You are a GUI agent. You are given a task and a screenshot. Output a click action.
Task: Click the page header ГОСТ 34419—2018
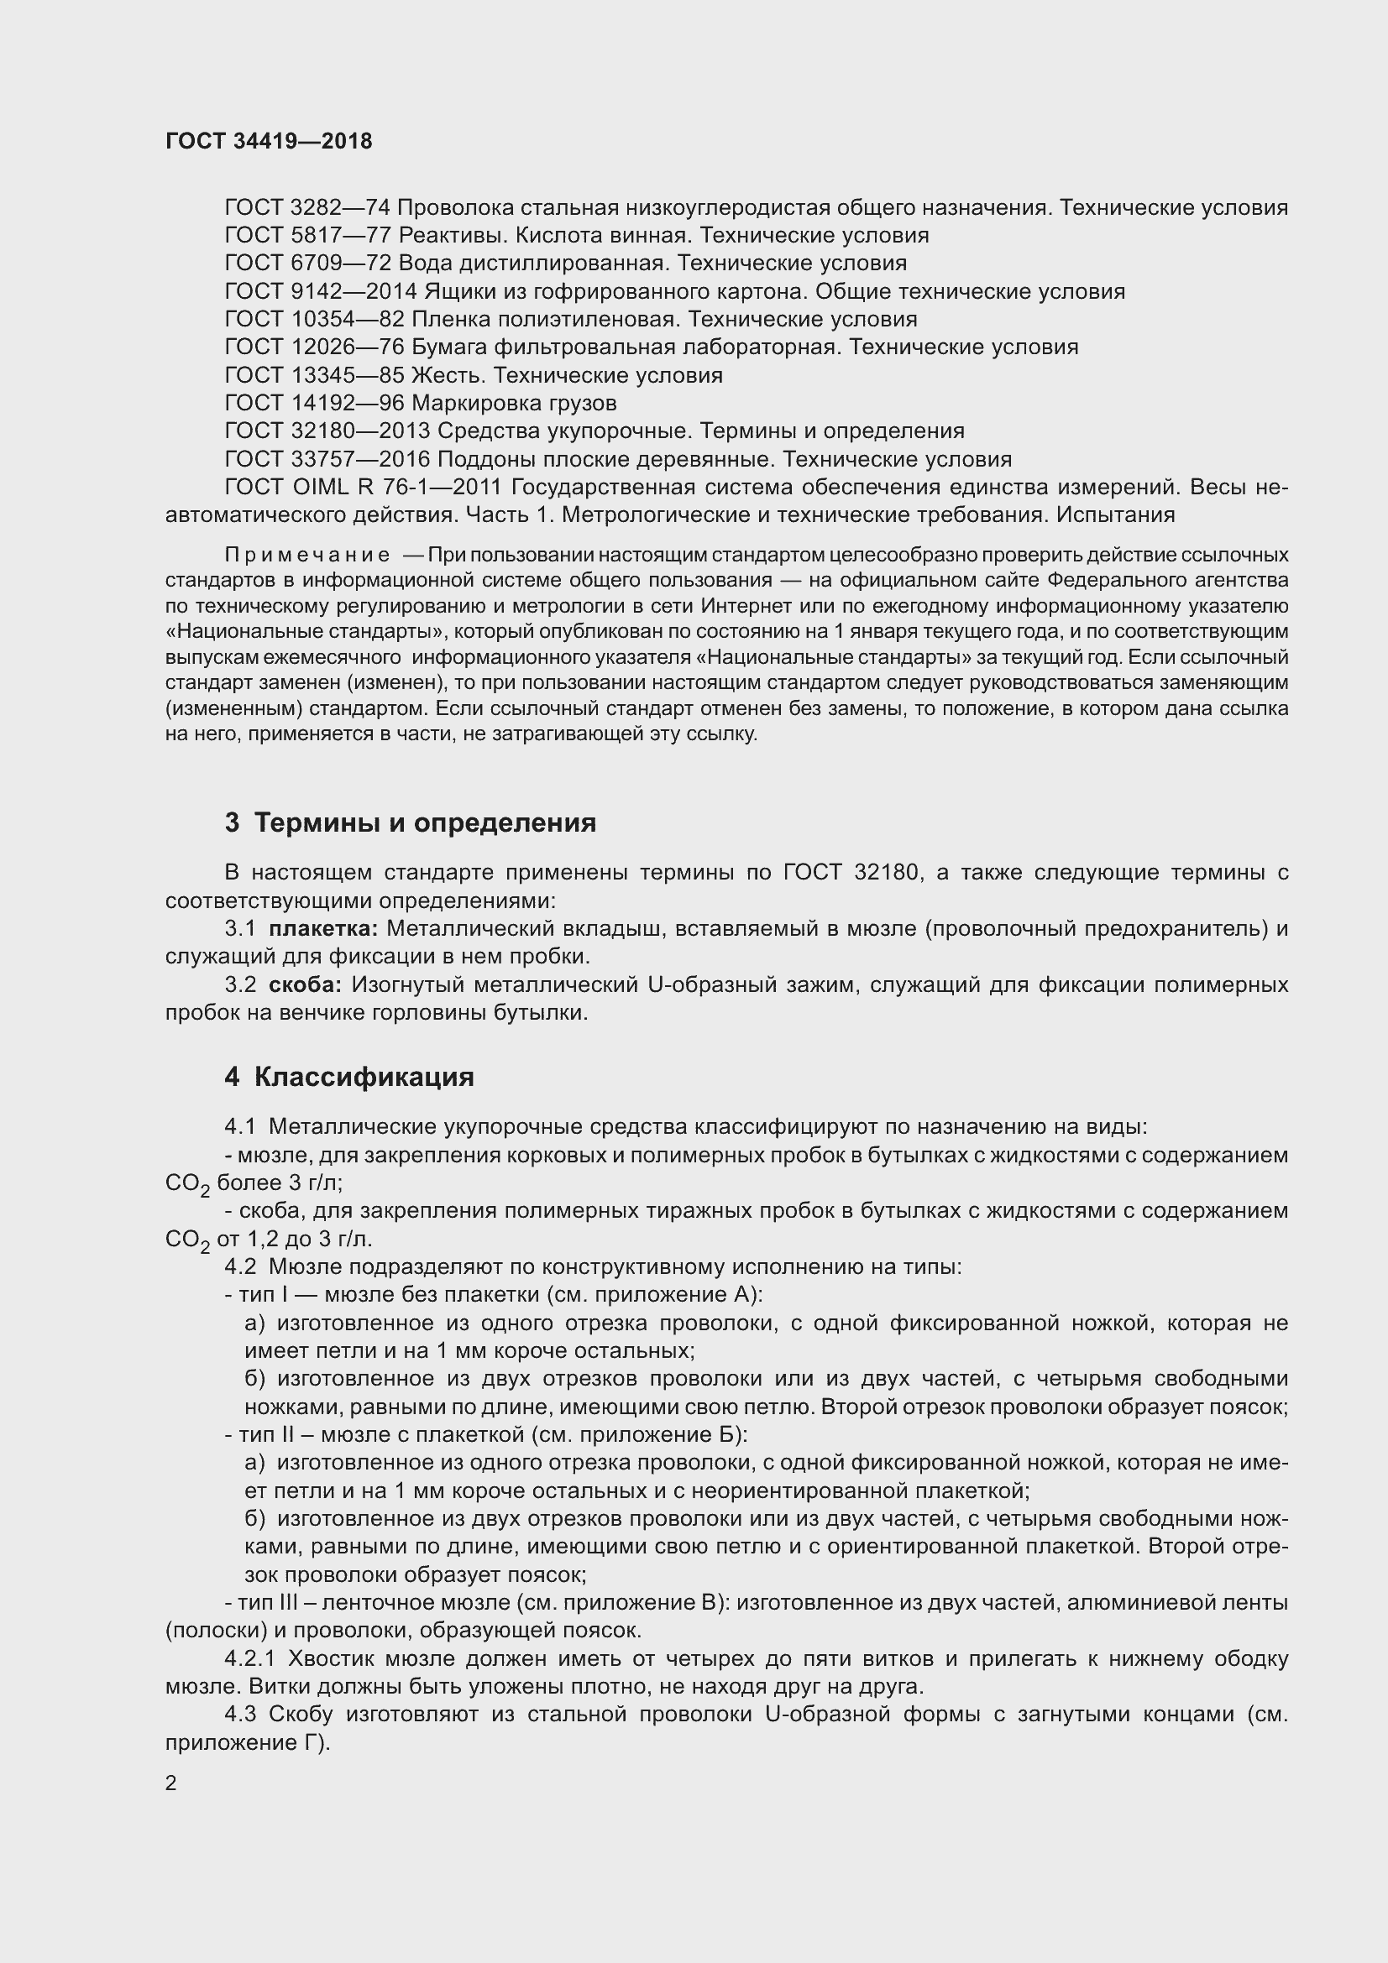click(269, 141)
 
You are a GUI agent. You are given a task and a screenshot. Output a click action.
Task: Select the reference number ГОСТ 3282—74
click(307, 208)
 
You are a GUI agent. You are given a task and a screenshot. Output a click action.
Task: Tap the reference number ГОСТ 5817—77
click(307, 235)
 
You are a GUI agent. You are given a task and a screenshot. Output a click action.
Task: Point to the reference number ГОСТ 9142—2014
click(321, 291)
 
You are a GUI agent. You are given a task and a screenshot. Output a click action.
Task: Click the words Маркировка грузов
click(514, 403)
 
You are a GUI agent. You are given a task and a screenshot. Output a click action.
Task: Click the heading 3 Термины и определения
click(411, 822)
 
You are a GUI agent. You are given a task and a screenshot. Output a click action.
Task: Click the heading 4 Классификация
click(349, 1077)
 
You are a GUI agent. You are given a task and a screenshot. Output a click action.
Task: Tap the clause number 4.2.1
click(249, 1659)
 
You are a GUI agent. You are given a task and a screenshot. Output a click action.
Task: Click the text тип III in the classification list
click(268, 1603)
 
